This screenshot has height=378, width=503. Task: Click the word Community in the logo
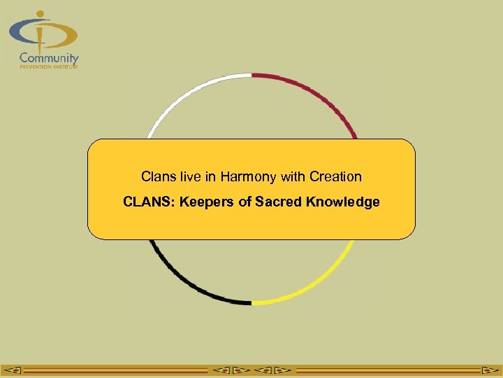(x=49, y=58)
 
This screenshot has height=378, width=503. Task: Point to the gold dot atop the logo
(x=40, y=13)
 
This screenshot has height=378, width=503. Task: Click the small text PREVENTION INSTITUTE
(x=49, y=67)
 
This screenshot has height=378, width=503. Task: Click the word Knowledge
(x=342, y=202)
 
